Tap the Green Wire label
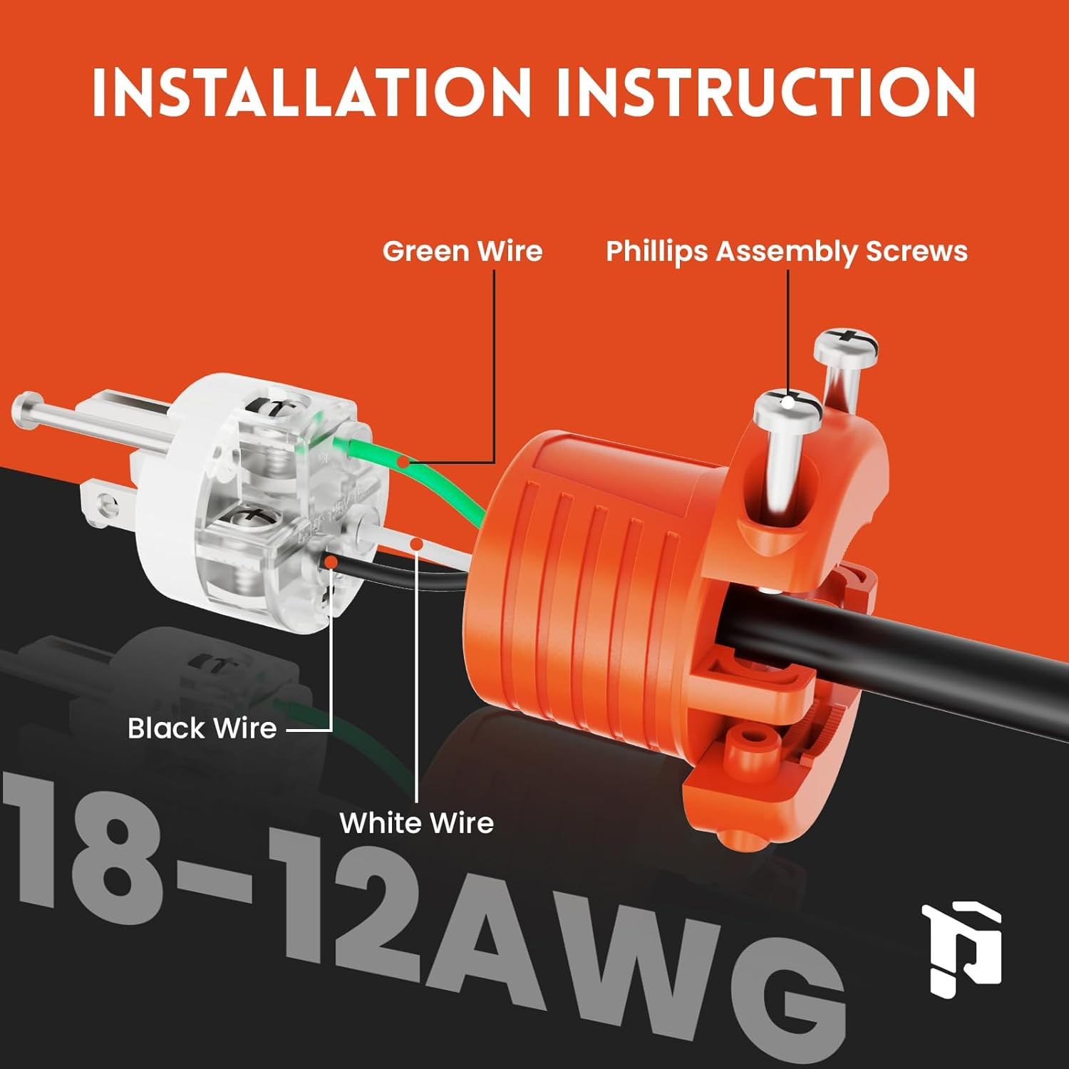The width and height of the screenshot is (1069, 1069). coord(463,251)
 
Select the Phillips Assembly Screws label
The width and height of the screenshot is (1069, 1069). coord(787,252)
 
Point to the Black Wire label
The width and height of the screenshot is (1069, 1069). coord(202,728)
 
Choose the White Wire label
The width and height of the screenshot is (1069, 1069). coord(417,822)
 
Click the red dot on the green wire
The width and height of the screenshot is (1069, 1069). coord(403,463)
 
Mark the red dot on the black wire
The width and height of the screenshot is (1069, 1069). coord(331,562)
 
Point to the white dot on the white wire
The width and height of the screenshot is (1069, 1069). coord(418,545)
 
